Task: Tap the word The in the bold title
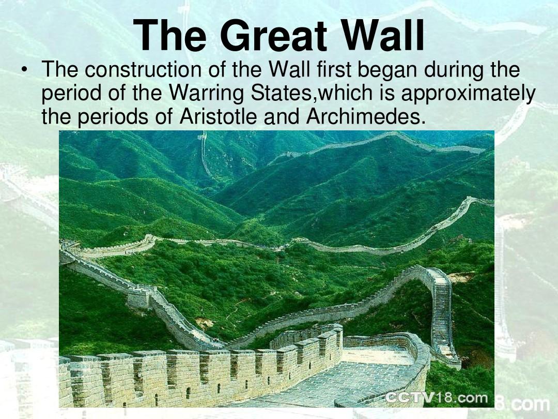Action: pos(170,35)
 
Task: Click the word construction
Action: pos(143,69)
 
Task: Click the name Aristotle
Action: pos(219,116)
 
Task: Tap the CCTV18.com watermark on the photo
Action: pos(436,397)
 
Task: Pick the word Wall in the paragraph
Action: pos(289,69)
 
